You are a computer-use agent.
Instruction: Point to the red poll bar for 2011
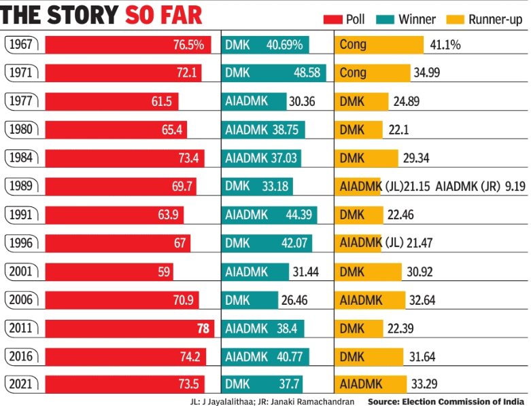click(129, 328)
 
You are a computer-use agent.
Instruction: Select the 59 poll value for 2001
click(164, 272)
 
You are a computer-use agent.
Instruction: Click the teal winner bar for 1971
click(274, 73)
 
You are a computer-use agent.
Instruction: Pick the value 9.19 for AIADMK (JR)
click(515, 185)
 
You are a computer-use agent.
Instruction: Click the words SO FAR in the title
click(163, 15)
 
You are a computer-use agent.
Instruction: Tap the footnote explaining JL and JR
click(272, 401)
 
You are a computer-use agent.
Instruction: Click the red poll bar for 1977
click(112, 102)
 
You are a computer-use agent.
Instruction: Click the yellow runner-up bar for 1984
click(366, 158)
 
